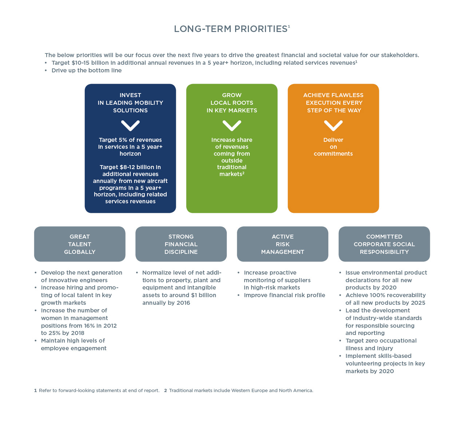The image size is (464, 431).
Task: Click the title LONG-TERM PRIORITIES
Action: point(232,29)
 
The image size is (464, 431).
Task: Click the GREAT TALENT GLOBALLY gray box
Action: point(80,244)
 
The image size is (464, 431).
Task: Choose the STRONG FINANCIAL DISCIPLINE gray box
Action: point(181,244)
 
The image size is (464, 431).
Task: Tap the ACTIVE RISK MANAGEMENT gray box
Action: point(282,244)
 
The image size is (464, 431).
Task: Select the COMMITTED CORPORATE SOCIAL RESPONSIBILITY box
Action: point(384,244)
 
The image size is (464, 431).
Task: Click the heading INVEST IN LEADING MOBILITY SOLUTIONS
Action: point(130,103)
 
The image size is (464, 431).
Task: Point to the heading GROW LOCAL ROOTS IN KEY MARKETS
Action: point(232,103)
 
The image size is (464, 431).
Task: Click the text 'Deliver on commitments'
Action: point(333,147)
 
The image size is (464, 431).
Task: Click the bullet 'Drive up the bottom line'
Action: point(87,70)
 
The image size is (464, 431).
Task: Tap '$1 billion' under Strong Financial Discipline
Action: point(203,295)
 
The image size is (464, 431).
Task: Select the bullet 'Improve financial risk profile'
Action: point(284,295)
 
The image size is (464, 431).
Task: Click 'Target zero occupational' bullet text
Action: point(381,340)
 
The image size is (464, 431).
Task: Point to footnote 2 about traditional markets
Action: point(239,390)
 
